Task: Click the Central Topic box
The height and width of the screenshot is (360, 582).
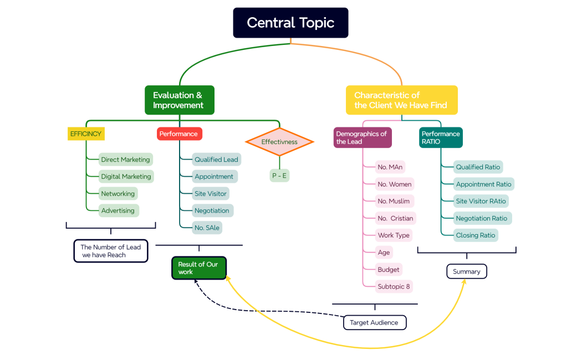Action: [x=290, y=23]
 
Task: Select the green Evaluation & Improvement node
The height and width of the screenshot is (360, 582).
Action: [x=179, y=100]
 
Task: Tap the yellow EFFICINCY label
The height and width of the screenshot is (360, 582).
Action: [x=86, y=134]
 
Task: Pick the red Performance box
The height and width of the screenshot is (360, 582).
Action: [x=179, y=134]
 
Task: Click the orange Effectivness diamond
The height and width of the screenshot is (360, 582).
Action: [x=279, y=142]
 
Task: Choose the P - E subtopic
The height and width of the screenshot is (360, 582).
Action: [x=279, y=176]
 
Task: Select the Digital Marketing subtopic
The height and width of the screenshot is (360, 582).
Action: [x=126, y=177]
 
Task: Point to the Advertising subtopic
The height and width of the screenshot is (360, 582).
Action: [x=118, y=211]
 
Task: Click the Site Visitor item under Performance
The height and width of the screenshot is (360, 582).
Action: [x=211, y=194]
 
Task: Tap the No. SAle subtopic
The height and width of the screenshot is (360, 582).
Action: [x=207, y=228]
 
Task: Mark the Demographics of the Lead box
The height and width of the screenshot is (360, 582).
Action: [x=362, y=137]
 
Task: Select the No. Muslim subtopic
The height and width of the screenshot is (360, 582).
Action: [x=394, y=201]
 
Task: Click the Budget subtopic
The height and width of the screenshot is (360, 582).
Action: [x=389, y=270]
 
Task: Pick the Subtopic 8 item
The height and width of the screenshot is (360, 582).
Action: [x=394, y=287]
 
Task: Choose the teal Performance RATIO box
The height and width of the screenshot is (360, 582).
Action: [x=441, y=137]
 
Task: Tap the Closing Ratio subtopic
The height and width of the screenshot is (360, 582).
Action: [x=475, y=235]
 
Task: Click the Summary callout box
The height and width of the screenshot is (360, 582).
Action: [x=467, y=271]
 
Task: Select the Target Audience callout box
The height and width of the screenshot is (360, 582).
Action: [x=374, y=322]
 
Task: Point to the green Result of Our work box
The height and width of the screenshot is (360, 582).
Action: [x=198, y=268]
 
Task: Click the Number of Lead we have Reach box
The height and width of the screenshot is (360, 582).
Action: [x=111, y=251]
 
